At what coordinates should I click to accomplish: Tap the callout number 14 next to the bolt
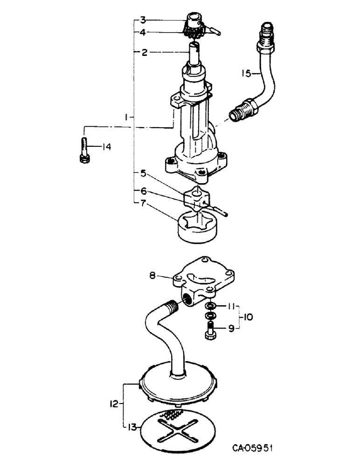tap(107, 147)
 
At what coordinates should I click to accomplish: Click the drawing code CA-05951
tap(252, 449)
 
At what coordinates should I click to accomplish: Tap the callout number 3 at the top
tap(144, 20)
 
